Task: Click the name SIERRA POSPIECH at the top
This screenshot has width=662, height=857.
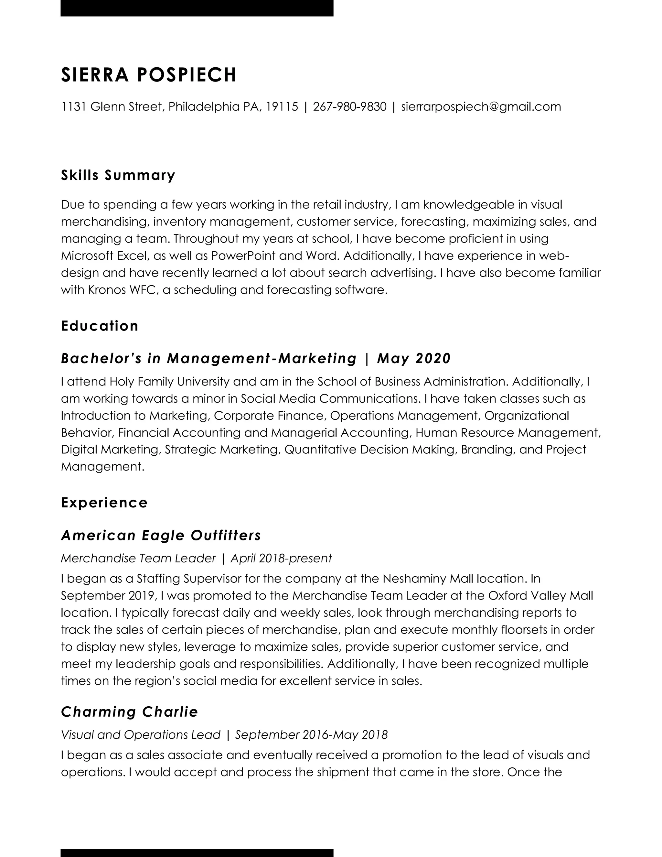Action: point(149,75)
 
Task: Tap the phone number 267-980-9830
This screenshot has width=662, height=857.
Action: point(349,107)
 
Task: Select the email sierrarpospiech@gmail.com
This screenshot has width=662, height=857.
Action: point(481,107)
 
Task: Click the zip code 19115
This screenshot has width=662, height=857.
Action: point(282,107)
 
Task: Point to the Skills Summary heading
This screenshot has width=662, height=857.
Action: point(118,175)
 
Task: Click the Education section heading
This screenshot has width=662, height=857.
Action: point(100,326)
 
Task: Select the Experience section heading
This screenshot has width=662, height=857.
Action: point(104,502)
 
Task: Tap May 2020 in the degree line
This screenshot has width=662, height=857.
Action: point(414,358)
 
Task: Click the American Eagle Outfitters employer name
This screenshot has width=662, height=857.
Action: point(161,535)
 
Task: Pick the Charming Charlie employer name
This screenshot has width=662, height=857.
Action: point(129,712)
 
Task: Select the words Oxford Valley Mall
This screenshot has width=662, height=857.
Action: point(540,596)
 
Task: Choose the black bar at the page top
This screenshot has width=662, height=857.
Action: point(197,8)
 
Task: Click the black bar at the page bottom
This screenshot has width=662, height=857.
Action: point(197,853)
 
